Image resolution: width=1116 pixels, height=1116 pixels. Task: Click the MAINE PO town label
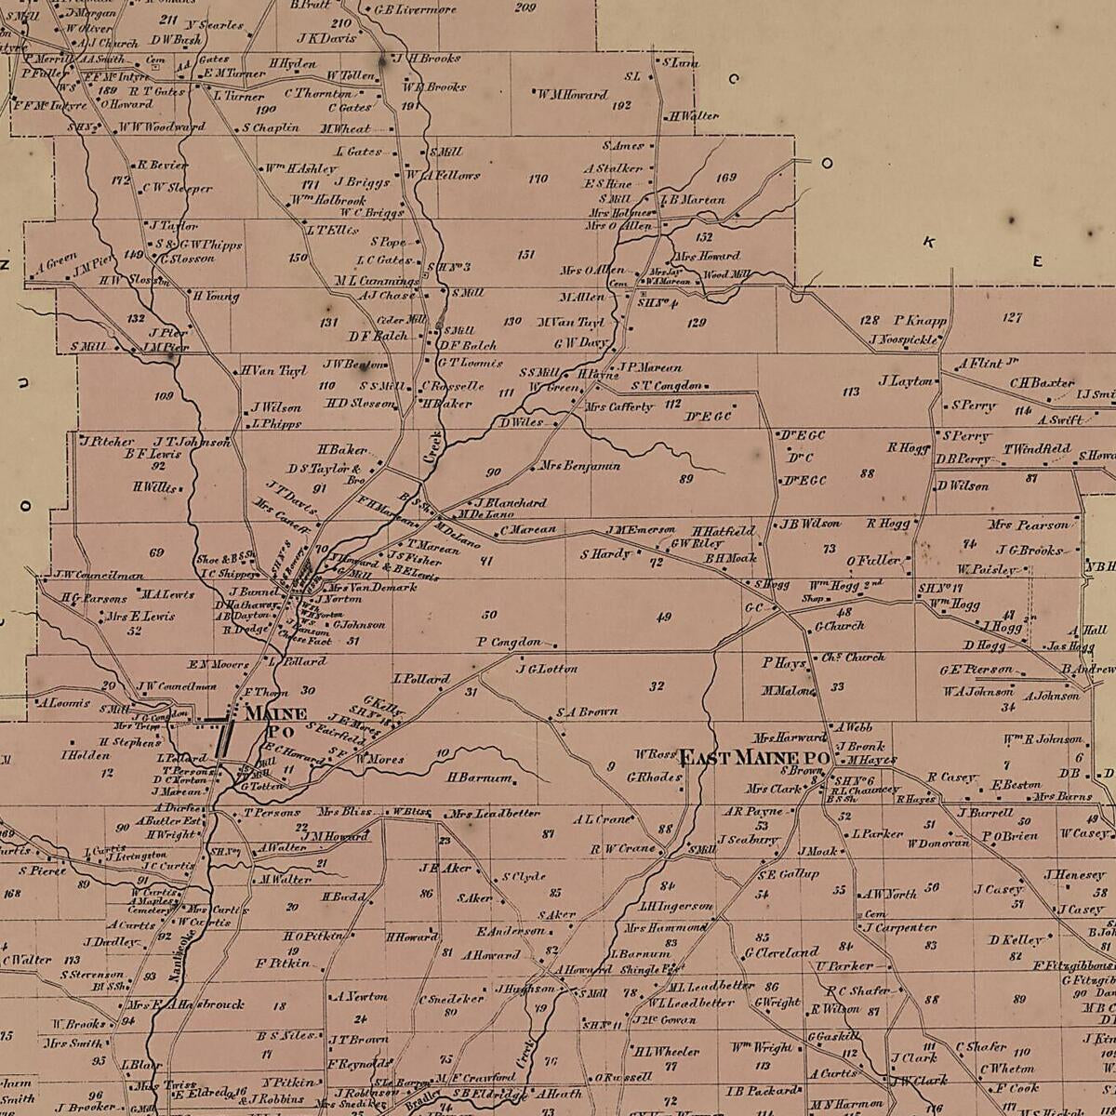[274, 722]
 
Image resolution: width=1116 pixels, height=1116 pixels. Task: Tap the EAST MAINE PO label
[754, 758]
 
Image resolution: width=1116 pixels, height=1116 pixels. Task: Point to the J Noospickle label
[904, 340]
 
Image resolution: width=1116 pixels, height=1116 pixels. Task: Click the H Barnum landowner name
[480, 777]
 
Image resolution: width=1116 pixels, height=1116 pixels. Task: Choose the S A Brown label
[587, 712]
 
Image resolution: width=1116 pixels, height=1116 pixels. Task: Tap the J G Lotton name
[547, 669]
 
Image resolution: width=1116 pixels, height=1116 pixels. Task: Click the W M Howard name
[572, 94]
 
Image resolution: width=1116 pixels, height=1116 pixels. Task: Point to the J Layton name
[905, 380]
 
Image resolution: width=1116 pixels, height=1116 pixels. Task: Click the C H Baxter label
[1042, 382]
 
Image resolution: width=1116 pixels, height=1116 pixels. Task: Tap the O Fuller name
[873, 561]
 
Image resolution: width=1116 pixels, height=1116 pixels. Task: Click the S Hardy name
[605, 554]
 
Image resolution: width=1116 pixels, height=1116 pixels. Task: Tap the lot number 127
[1012, 317]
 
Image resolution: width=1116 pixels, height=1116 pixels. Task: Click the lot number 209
[525, 7]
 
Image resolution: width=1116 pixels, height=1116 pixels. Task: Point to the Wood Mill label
[726, 275]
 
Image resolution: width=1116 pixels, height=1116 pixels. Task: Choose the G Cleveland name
[780, 953]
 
